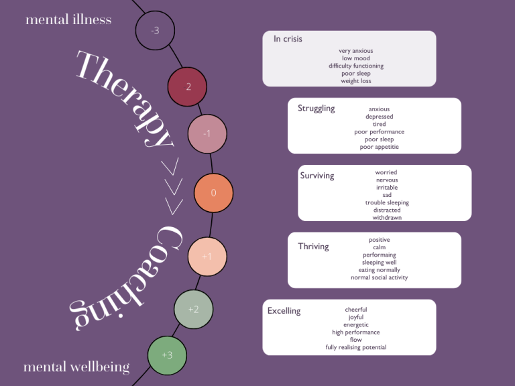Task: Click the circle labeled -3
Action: point(155,30)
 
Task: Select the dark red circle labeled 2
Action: point(188,86)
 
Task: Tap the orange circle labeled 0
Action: point(213,193)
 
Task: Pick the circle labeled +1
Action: point(207,256)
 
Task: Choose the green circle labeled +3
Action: point(167,355)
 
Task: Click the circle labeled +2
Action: point(193,309)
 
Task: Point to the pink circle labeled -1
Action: point(207,133)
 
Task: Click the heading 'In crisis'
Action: point(288,39)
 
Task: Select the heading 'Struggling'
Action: point(316,108)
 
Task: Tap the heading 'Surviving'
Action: point(317,176)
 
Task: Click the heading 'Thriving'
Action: point(313,246)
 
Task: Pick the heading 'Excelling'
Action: point(284,310)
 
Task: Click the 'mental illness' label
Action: point(68,19)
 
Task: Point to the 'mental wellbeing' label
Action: point(76,367)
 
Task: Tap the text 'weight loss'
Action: point(355,81)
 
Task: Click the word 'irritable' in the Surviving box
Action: point(386,188)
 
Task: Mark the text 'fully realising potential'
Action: point(355,347)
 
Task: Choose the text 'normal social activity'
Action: point(379,277)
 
